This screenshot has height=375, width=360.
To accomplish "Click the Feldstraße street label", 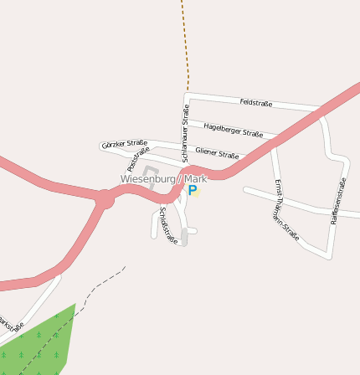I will tap(255, 103).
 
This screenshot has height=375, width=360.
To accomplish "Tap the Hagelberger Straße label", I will tap(233, 129).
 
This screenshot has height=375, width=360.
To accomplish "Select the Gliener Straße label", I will tap(217, 152).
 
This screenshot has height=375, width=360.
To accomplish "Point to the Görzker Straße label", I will tap(124, 144).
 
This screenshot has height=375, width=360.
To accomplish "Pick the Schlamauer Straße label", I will tap(185, 126).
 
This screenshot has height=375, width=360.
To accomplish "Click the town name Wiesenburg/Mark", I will tap(162, 179).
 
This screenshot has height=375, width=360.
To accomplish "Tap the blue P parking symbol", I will tap(193, 191).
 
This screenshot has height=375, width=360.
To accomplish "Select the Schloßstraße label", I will tap(167, 224).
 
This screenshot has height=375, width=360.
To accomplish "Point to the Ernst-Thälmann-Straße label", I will tap(285, 209).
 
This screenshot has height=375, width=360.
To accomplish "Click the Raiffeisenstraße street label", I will tap(337, 201).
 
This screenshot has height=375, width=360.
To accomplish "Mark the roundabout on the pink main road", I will tap(104, 199).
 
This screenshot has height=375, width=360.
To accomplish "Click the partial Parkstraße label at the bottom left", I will tap(10, 323).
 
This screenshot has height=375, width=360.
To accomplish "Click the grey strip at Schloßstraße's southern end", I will tap(184, 238).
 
